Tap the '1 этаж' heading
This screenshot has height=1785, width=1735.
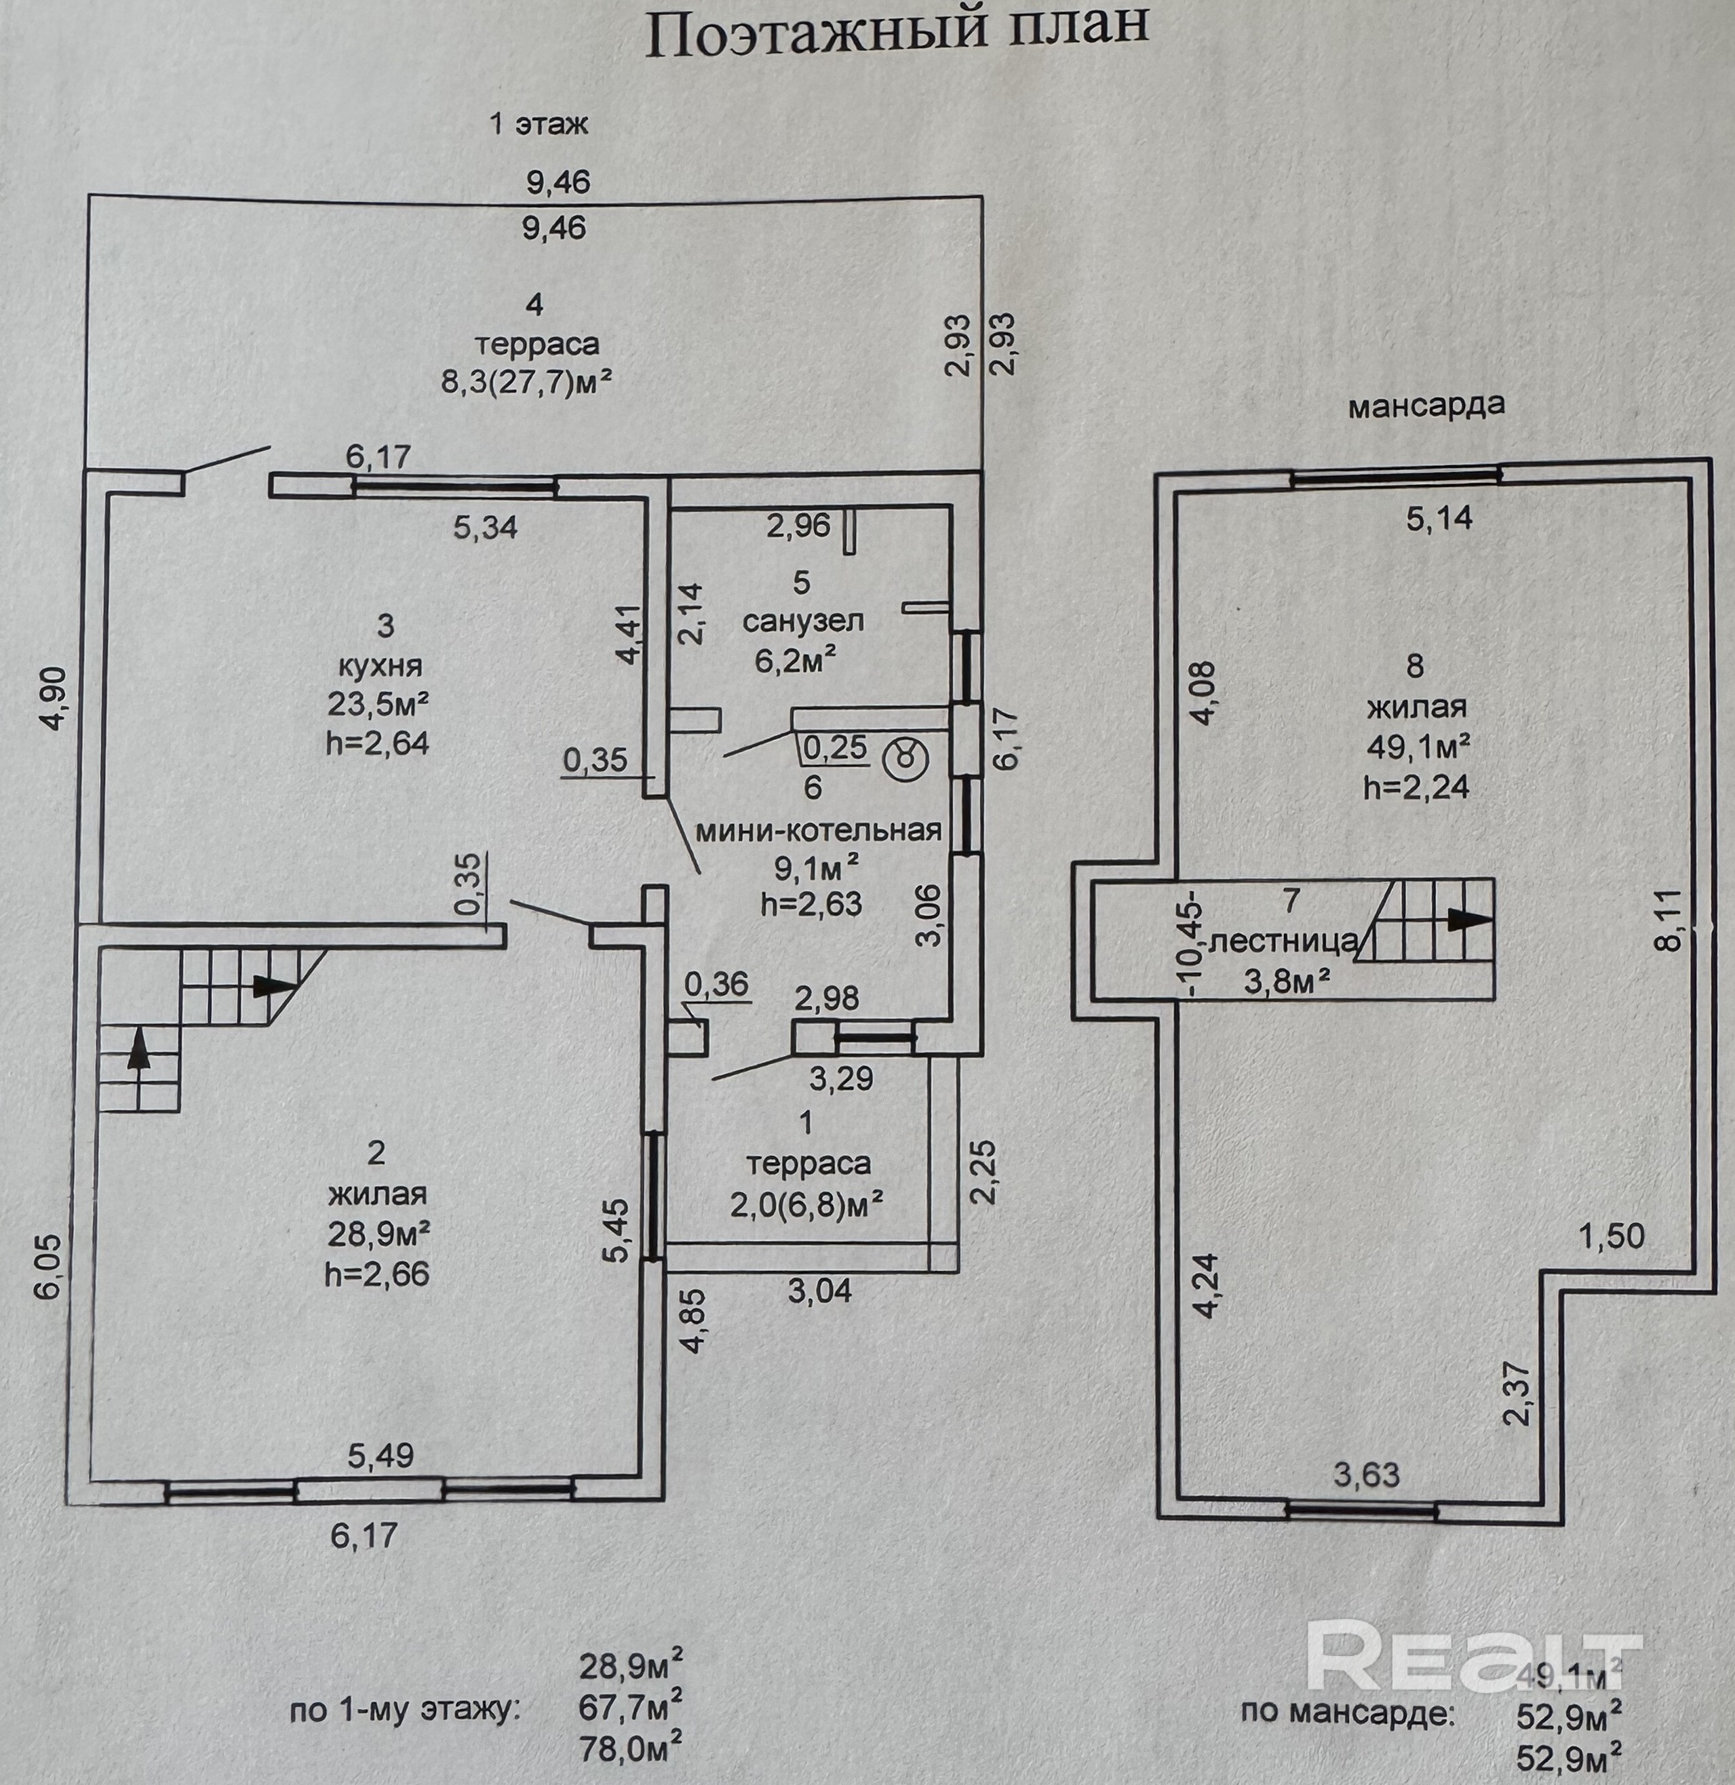click(539, 124)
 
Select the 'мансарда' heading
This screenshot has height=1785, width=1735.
click(1426, 406)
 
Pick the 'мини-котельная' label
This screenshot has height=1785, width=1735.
click(818, 830)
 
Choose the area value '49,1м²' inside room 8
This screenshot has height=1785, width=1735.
click(1418, 747)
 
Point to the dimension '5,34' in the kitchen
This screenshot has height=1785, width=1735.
click(486, 527)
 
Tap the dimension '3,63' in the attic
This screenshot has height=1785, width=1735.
click(1366, 1474)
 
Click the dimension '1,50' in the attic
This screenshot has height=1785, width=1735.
click(1611, 1236)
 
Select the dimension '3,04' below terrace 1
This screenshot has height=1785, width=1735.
click(819, 1290)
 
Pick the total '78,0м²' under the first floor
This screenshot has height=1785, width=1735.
click(631, 1748)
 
